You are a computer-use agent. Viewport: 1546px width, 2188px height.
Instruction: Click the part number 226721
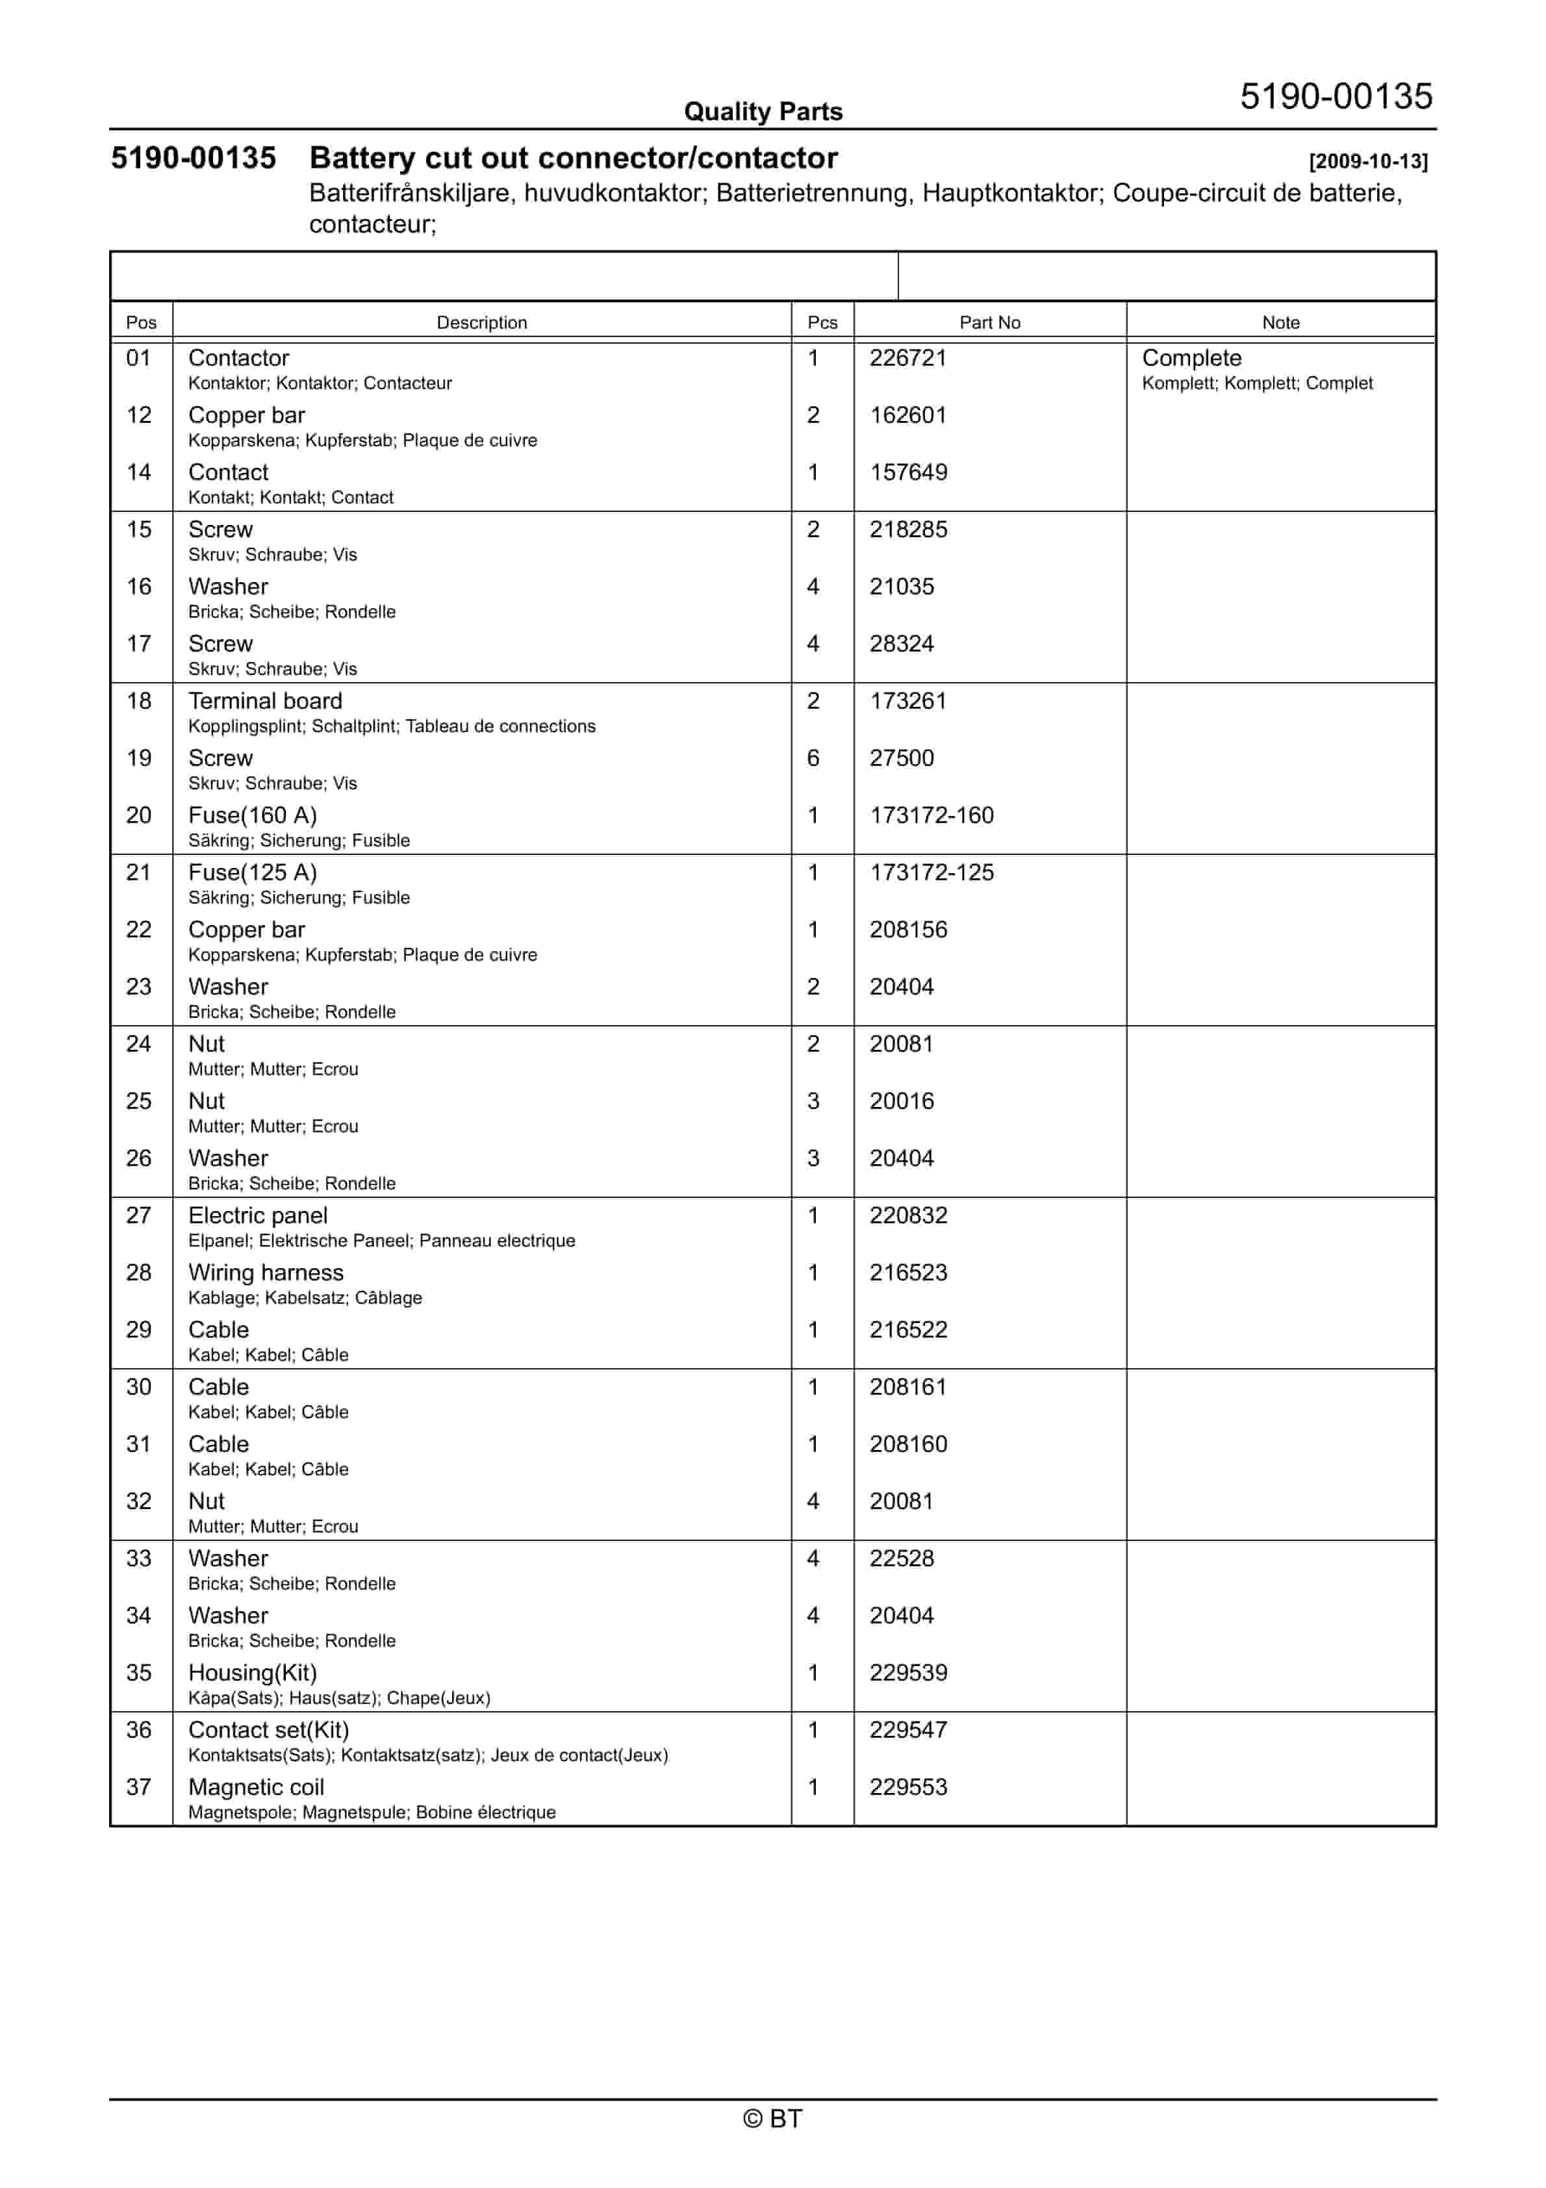pos(907,359)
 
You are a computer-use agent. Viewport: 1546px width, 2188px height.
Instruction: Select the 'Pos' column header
pos(141,322)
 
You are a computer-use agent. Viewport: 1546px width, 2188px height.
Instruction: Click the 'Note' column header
pos(1280,322)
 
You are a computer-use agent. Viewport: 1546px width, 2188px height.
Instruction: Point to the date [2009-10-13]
pos(1368,161)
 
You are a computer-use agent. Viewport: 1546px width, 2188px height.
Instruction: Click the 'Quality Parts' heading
pos(763,112)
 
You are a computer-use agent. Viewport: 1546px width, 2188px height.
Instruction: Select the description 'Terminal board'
pos(265,702)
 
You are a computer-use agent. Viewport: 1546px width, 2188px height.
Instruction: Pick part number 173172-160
pos(931,816)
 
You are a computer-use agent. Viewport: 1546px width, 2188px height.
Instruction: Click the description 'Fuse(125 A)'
pos(253,873)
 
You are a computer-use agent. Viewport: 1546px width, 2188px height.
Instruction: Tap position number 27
pos(139,1216)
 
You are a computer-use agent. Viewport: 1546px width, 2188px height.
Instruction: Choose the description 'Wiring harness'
pos(266,1273)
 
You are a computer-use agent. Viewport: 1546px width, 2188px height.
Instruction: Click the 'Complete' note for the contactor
pos(1191,359)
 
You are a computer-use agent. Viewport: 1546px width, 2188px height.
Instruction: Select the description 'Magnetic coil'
pos(257,1788)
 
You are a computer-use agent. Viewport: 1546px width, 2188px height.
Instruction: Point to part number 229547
pos(907,1731)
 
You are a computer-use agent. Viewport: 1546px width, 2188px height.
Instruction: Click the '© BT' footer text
pos(772,2118)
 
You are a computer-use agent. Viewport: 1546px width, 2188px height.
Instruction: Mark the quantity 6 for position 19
pos(813,759)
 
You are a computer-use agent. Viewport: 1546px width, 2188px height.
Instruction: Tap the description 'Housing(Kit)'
pos(253,1673)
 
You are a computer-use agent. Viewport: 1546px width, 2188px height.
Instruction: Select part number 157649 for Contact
pos(907,473)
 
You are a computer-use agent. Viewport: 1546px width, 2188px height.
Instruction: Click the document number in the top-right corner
pos(1336,96)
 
